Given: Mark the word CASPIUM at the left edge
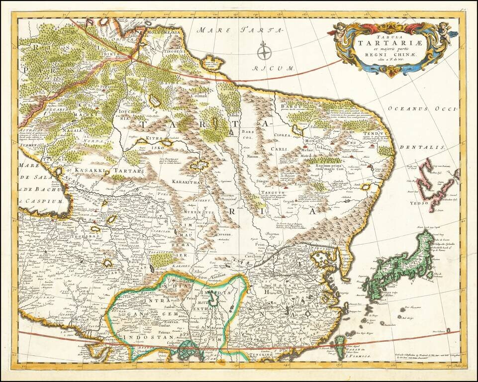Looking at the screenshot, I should (44, 202).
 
